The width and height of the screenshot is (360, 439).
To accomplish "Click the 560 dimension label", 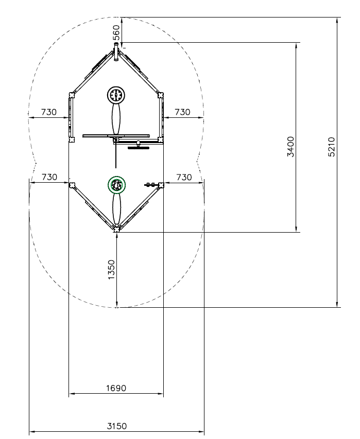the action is tap(117, 32).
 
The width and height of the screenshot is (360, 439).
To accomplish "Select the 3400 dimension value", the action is tap(291, 147).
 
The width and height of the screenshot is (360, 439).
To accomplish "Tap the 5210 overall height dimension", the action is tap(331, 147).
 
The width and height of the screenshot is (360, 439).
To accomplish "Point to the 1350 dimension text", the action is tap(111, 269).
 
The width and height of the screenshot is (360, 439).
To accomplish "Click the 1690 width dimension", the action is tap(116, 388).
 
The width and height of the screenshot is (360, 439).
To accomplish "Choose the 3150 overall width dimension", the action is tap(116, 426).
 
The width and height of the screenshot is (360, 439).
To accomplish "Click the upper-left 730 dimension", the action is tap(49, 112).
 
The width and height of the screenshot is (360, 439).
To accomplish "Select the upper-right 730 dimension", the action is tap(182, 112).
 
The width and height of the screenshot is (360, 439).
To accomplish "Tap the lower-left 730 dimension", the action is tap(49, 177).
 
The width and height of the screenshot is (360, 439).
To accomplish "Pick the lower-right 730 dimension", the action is tap(184, 177).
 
